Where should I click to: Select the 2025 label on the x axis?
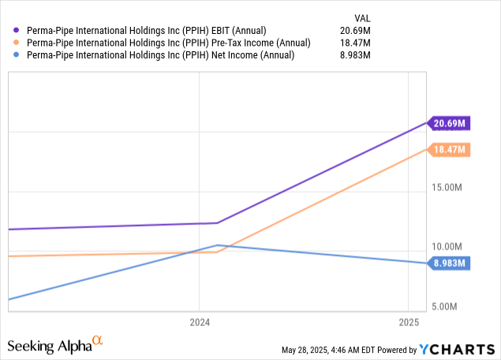409,323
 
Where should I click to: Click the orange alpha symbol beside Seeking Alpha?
98,340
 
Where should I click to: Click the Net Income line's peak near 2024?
217,245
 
